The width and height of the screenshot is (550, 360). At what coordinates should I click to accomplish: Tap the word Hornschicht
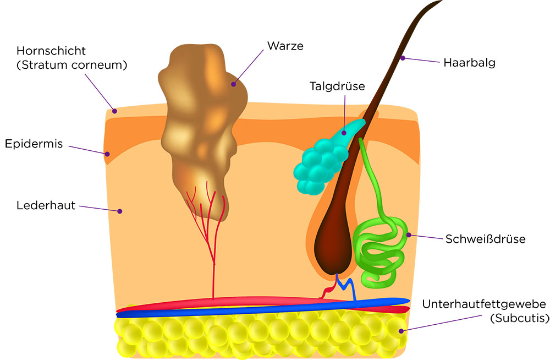click(x=51, y=51)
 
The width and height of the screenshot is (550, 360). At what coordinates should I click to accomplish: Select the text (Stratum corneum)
click(x=72, y=65)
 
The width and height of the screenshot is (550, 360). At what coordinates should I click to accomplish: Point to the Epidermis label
click(x=34, y=144)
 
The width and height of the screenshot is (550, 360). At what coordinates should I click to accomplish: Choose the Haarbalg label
click(x=469, y=62)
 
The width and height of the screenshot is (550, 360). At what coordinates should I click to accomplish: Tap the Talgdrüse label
click(x=337, y=86)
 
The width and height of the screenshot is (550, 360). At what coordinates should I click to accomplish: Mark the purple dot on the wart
click(x=233, y=85)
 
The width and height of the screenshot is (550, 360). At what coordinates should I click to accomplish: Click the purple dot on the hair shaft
click(x=403, y=57)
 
